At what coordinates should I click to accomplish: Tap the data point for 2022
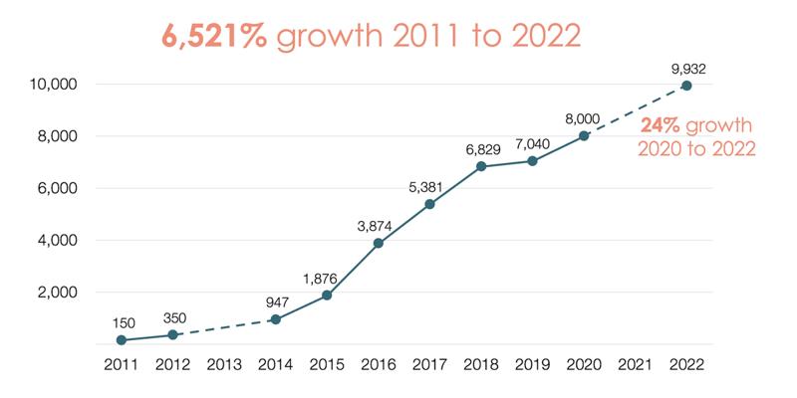click(686, 86)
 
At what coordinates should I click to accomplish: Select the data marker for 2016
click(378, 243)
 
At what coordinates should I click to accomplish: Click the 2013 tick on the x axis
click(223, 365)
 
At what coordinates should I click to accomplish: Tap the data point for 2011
click(121, 340)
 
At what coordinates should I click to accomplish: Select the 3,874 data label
click(377, 226)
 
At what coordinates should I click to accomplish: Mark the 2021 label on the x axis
click(636, 365)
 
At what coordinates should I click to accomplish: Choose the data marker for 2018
click(480, 166)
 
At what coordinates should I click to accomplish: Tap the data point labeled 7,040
click(532, 161)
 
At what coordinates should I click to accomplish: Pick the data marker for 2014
click(275, 319)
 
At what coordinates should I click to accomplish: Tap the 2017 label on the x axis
click(429, 365)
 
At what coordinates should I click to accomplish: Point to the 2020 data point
click(584, 136)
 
